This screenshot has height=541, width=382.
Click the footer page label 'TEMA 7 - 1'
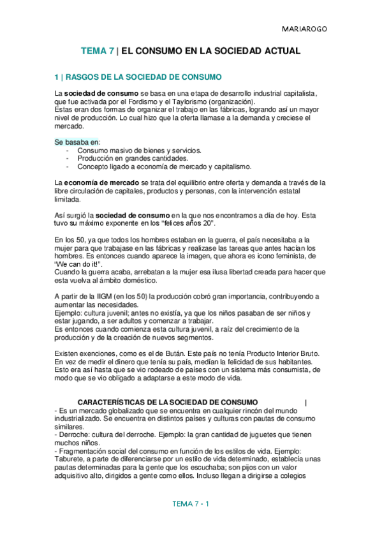191,504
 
